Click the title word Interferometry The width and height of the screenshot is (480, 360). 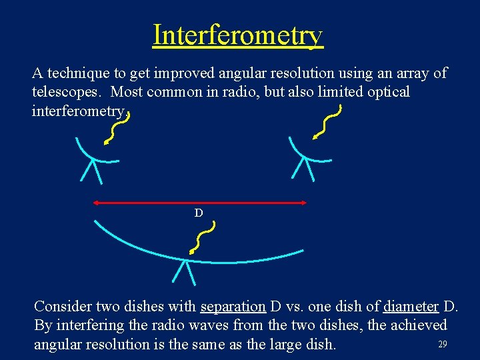tap(238, 35)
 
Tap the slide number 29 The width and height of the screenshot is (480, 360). tap(442, 344)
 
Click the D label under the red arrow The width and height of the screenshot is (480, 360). tap(199, 213)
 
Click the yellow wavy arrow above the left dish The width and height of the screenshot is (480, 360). tap(117, 127)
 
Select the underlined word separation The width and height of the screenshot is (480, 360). tap(233, 307)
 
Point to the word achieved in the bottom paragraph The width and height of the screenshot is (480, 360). tap(419, 325)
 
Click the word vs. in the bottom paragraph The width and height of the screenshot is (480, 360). tap(298, 307)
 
